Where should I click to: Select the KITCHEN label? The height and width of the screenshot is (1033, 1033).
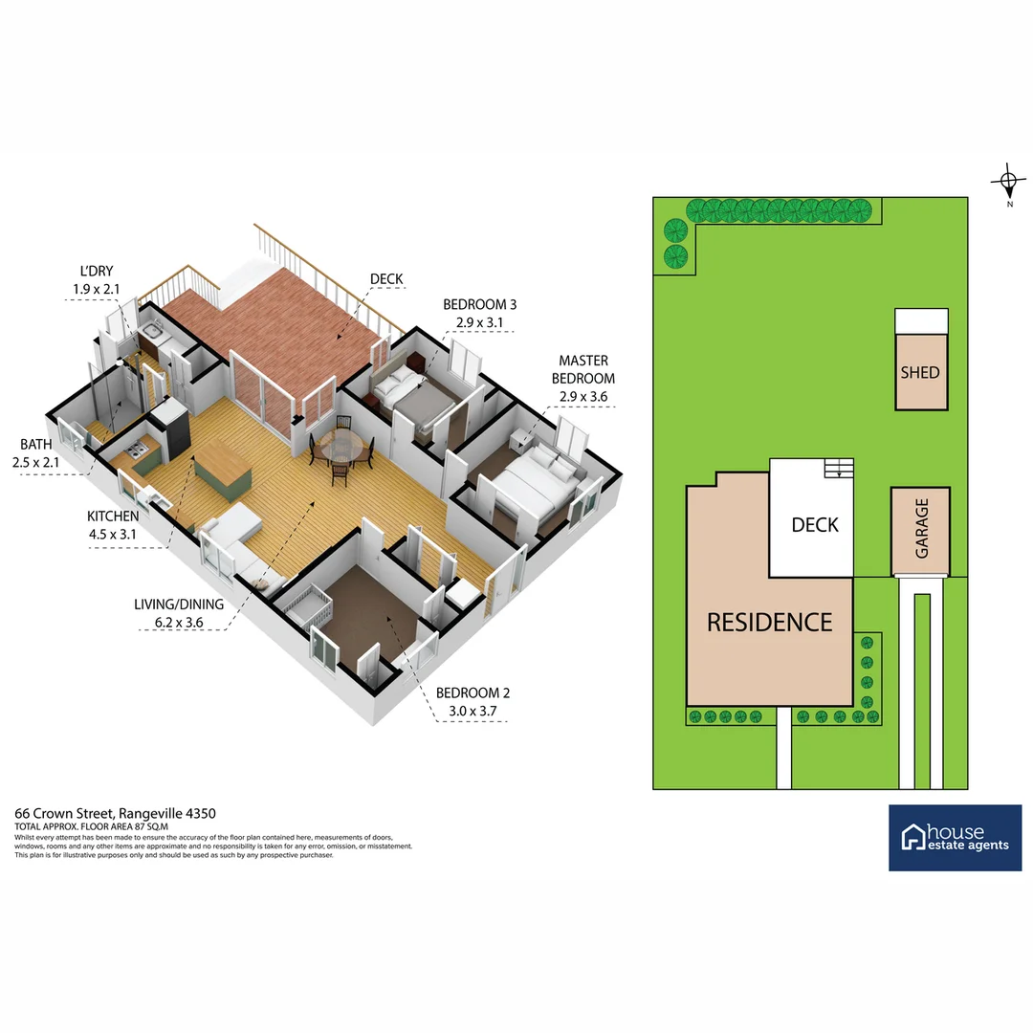point(113,516)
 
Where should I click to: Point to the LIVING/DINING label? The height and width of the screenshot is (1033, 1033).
point(179,604)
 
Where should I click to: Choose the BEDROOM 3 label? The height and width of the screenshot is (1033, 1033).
point(478,304)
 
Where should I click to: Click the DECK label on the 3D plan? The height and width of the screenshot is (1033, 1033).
point(386,279)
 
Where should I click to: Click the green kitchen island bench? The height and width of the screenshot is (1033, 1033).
point(222,473)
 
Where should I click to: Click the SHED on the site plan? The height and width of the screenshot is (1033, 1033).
point(920,372)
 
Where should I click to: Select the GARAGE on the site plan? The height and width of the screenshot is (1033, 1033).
point(921,528)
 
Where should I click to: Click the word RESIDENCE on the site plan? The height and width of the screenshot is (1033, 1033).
point(769,622)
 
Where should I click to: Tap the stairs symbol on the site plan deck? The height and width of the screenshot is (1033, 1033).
point(838,468)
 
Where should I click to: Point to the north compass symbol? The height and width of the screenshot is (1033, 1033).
point(1008,180)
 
